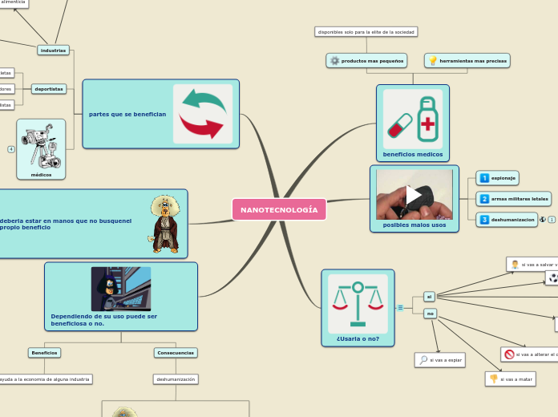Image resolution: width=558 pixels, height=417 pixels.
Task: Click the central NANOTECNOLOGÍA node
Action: (x=279, y=209)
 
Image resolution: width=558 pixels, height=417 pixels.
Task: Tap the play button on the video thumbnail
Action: (x=414, y=195)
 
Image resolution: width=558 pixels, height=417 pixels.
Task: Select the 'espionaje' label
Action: (x=503, y=178)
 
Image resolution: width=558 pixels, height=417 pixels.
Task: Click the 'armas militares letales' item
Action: (x=520, y=199)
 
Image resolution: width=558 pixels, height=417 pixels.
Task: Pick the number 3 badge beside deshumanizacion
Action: (x=484, y=220)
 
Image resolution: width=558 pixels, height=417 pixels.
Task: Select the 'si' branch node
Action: (x=429, y=297)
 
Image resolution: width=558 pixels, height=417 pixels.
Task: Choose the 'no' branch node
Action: (x=430, y=314)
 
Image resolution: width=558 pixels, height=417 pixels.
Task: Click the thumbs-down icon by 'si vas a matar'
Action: (x=494, y=379)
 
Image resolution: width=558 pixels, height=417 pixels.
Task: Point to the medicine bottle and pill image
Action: (x=412, y=118)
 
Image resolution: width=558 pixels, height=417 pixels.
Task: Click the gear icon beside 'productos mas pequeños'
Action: (x=334, y=61)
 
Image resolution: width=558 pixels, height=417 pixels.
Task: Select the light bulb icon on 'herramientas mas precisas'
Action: (x=433, y=61)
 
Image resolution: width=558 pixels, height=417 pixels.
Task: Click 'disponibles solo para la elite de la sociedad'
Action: (x=366, y=32)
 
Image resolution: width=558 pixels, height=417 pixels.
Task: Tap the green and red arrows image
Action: (x=203, y=113)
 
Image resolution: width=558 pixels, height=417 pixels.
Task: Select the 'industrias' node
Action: (x=53, y=50)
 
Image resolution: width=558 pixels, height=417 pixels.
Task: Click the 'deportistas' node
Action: (x=49, y=89)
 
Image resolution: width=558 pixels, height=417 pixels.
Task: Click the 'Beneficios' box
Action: (x=44, y=352)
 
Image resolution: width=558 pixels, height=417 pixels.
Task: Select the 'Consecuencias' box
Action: (x=176, y=352)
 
